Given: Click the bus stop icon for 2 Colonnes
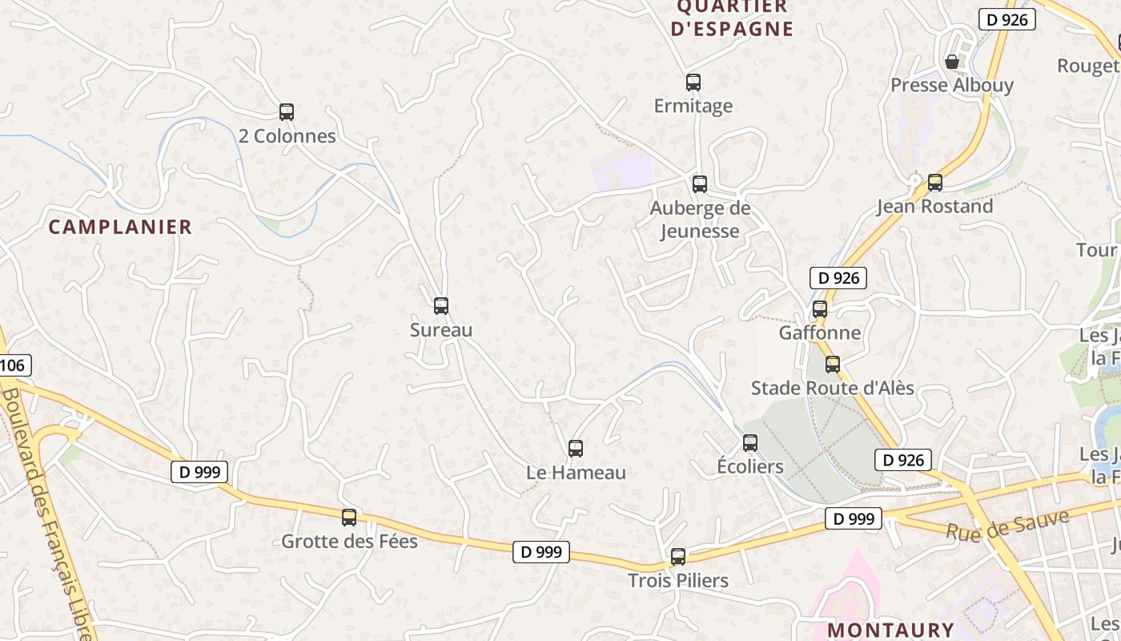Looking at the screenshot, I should point(287,112).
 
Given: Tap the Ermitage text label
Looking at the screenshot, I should point(693,106).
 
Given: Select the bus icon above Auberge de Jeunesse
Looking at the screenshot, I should point(700,184).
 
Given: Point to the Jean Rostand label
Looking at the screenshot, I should point(934,207).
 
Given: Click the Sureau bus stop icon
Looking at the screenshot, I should point(441,305).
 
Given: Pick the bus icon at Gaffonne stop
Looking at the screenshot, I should point(820,309).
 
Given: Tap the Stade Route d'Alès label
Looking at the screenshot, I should point(832,389).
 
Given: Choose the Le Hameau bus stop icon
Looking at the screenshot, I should point(576,449).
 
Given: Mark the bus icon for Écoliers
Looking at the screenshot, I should point(750,442).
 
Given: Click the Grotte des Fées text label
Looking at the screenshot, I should point(349,542).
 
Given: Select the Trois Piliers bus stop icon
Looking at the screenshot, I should point(678,557).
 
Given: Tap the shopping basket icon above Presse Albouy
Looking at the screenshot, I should point(952,62).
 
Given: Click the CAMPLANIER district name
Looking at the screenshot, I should point(120,227).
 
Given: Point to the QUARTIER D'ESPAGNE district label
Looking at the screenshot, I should point(732,18).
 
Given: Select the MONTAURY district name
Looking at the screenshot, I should point(890,630).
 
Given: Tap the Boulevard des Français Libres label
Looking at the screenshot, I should point(48,513).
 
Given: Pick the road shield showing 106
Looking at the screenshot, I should point(14,366).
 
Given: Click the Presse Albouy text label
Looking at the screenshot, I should point(952,85).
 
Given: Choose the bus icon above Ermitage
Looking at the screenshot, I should point(693,83).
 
